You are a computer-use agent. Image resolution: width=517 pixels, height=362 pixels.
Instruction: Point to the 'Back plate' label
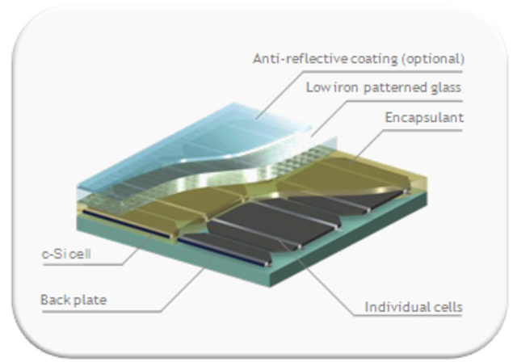[x=74, y=301]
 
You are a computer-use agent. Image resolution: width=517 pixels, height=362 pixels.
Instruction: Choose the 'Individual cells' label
[x=414, y=307]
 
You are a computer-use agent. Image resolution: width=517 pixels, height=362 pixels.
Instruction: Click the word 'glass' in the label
[x=447, y=88]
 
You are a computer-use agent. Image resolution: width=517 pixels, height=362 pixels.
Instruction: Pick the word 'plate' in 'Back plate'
[x=90, y=301]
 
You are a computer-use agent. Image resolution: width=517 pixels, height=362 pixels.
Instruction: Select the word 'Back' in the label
[x=55, y=301]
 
